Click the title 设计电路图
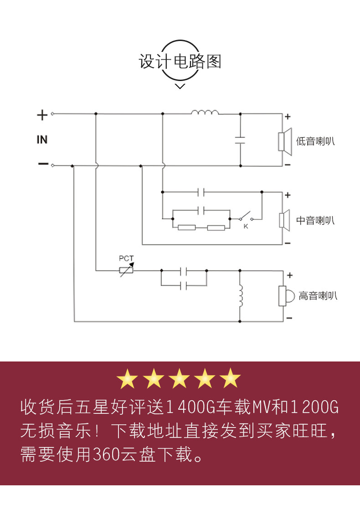click(180, 61)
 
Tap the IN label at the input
click(42, 139)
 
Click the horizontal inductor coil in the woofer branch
click(205, 112)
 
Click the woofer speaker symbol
click(285, 141)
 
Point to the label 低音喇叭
click(315, 141)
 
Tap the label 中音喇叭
click(315, 221)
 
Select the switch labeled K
click(248, 215)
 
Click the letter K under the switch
click(246, 226)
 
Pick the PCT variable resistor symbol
click(126, 270)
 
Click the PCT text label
click(126, 259)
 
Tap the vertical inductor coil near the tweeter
click(241, 296)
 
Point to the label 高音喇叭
click(318, 296)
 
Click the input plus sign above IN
click(42, 115)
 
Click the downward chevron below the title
click(180, 86)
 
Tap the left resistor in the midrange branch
click(187, 228)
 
